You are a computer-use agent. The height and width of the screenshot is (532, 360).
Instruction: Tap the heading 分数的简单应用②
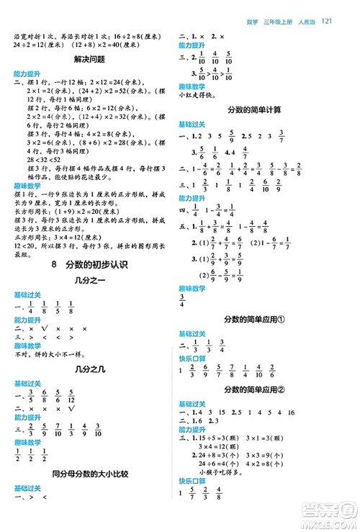[255, 389]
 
